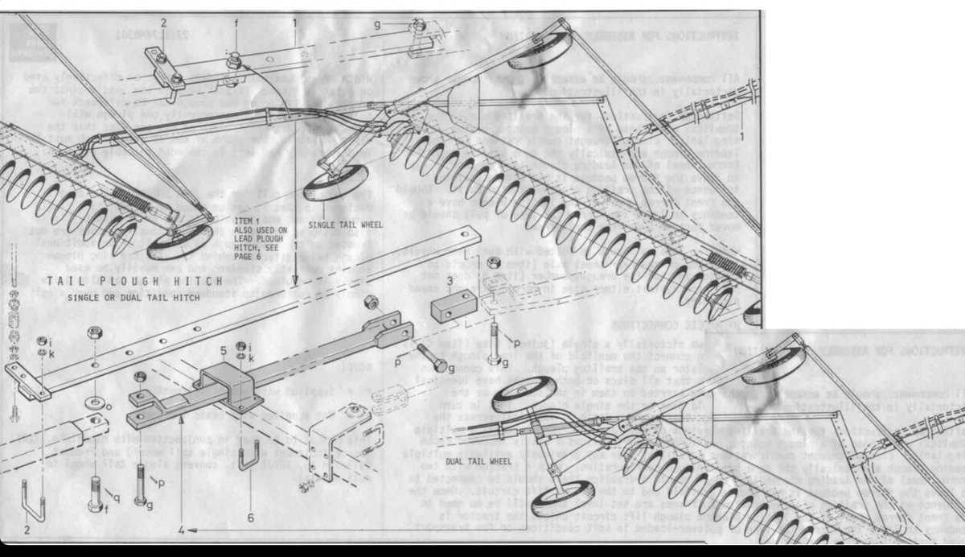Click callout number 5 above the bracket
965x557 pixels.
pos(224,351)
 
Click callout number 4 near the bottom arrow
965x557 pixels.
pos(182,530)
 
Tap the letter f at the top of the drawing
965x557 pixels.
pos(236,24)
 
